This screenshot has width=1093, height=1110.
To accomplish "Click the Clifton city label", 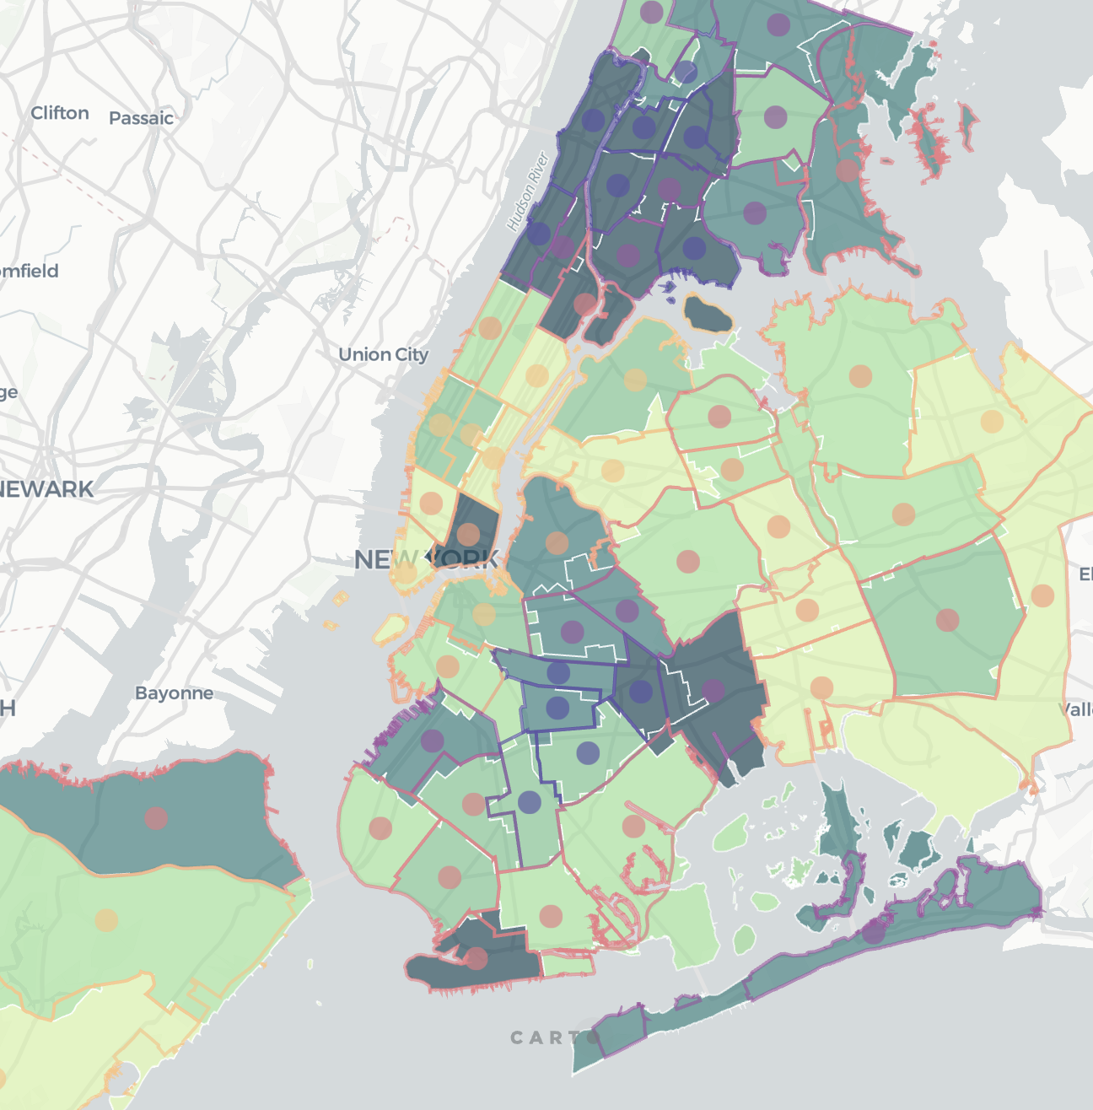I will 60,113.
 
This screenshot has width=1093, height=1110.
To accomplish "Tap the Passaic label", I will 141,118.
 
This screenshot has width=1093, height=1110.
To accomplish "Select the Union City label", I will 383,354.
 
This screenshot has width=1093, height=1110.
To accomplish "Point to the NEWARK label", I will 46,489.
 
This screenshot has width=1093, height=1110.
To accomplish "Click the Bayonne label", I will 174,693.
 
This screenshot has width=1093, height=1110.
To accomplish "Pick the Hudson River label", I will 527,191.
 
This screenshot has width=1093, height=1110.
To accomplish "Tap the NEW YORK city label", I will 427,559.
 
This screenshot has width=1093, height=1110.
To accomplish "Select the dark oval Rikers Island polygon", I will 708,314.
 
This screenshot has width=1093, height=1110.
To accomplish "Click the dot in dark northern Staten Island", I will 156,817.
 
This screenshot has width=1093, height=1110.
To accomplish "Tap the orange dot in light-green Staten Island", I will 106,920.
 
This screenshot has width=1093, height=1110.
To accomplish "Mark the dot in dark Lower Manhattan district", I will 468,534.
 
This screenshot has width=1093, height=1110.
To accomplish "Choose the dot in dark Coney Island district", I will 477,958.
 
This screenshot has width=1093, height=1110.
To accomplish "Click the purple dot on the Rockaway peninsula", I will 874,931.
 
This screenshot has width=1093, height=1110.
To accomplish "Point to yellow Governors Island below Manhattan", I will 390,627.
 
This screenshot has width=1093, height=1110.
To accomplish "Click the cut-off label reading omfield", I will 30,271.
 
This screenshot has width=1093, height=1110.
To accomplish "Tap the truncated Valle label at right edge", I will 1076,709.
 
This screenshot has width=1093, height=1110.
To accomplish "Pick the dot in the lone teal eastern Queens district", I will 947,620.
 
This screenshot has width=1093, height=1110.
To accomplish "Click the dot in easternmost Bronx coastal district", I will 848,170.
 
